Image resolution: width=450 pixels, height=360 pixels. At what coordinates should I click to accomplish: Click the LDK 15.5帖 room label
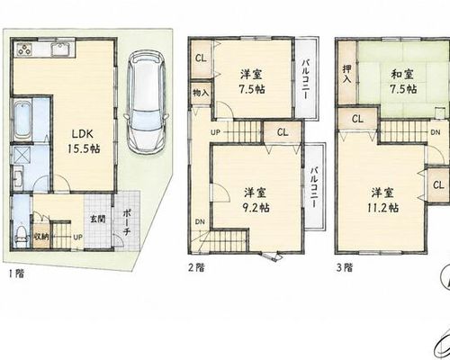click(x=84, y=141)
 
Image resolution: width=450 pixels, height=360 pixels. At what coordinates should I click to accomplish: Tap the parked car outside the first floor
click(x=146, y=101)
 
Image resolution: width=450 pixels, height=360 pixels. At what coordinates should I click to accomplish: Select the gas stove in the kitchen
click(x=24, y=49)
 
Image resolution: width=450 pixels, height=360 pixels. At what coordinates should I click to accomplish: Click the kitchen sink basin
click(x=60, y=49)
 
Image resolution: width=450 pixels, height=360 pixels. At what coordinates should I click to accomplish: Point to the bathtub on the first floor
click(x=22, y=120)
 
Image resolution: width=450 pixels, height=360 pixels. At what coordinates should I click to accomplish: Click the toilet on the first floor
click(x=21, y=237)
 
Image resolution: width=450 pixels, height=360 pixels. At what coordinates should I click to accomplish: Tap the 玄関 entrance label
click(x=98, y=219)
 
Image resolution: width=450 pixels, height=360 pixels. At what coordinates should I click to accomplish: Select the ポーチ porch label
click(x=127, y=222)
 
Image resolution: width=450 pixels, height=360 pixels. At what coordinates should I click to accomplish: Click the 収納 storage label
click(x=41, y=237)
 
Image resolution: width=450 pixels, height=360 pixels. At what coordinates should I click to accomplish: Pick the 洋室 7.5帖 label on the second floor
click(x=252, y=82)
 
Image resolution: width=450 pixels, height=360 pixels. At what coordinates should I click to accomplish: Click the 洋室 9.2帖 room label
click(x=256, y=200)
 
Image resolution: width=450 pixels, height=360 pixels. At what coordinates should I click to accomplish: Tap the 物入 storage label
click(x=201, y=93)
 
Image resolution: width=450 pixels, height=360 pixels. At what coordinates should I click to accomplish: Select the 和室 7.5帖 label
click(x=402, y=81)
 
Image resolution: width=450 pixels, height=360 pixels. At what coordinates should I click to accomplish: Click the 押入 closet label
click(x=347, y=74)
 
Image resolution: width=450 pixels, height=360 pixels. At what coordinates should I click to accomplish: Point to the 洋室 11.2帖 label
click(x=383, y=200)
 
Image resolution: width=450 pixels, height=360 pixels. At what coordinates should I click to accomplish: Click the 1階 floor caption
click(x=16, y=274)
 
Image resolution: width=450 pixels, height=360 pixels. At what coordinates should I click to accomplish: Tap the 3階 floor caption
click(x=345, y=267)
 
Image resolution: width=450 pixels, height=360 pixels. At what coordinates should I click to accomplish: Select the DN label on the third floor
click(x=436, y=132)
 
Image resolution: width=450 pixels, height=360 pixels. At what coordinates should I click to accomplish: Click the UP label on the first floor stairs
click(x=77, y=238)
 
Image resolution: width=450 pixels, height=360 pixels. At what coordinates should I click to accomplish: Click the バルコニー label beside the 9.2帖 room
click(x=314, y=187)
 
